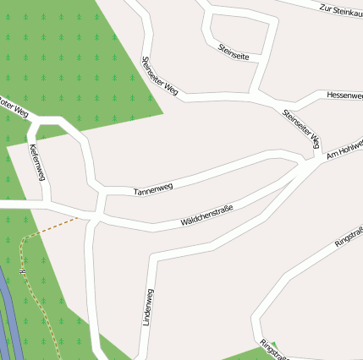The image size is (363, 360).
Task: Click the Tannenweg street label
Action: (153, 189)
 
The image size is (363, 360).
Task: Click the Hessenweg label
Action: (344, 95)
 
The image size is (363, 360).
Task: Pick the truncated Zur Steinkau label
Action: (340, 9)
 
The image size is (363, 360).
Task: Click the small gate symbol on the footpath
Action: (21, 271)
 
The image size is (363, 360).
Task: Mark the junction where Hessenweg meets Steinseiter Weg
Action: (294, 104)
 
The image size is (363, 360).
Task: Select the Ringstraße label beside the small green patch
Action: (275, 348)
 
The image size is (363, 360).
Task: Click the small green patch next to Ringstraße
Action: (254, 352)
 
